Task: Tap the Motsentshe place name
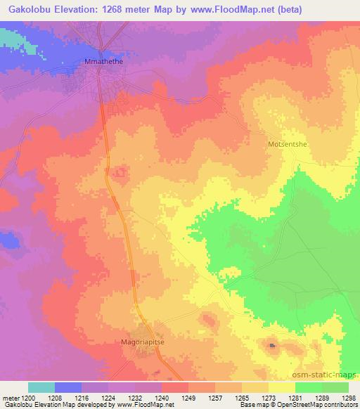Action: [x=290, y=144]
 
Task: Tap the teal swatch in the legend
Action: [x=41, y=387]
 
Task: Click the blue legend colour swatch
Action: [x=68, y=387]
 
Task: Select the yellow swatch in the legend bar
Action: [x=281, y=387]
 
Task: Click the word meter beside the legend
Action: [x=9, y=398]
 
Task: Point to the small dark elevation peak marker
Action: [x=273, y=345]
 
